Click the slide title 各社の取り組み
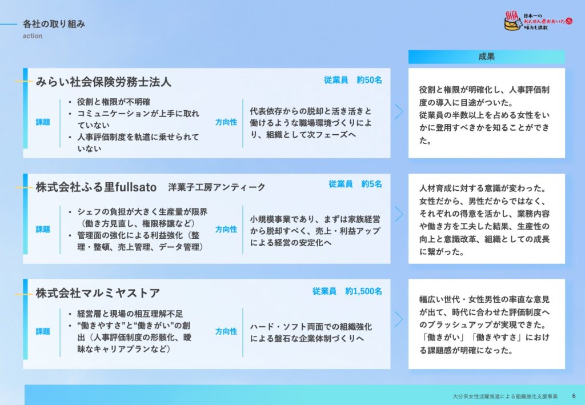pos(54,24)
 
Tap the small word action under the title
pos(32,36)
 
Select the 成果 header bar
pos(486,57)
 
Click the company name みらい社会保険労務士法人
pos(103,82)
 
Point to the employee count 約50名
pos(369,80)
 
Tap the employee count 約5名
pos(371,184)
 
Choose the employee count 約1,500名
pos(363,291)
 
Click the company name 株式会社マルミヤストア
pos(98,294)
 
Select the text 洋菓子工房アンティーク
pos(217,187)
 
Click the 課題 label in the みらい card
pos(43,122)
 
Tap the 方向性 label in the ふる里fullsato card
pos(226,229)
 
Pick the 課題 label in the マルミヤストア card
pos(43,331)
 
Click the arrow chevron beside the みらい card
pos(399,111)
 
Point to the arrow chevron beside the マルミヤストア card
pos(399,319)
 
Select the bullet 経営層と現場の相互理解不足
pos(130,314)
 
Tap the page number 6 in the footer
pos(574,395)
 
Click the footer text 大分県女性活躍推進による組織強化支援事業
pos(503,395)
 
